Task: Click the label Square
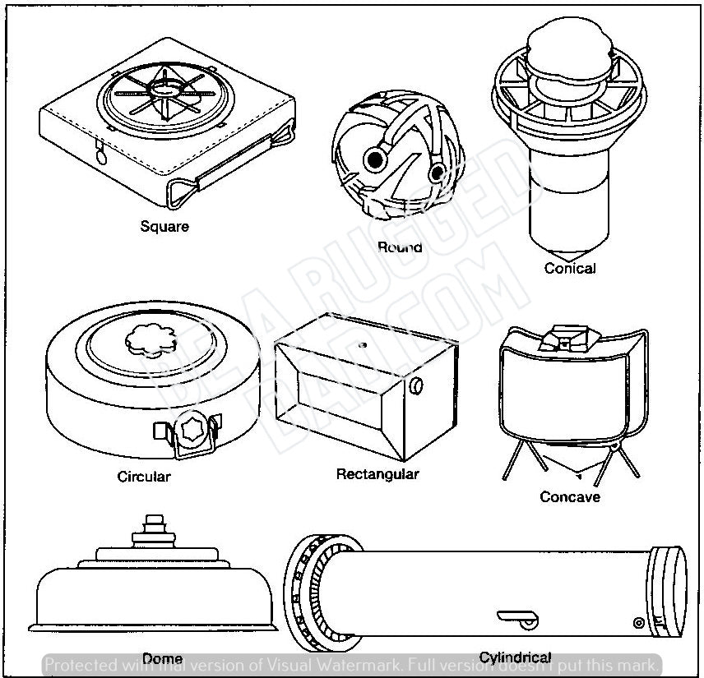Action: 164,227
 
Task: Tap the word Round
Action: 400,247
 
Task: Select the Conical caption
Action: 569,268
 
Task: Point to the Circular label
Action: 144,477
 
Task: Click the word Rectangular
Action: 377,474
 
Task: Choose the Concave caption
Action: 570,496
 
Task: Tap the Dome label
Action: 162,658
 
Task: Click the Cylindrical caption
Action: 515,657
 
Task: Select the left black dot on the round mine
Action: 378,156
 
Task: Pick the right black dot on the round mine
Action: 438,171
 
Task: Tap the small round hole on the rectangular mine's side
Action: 419,385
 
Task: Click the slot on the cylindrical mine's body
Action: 516,616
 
